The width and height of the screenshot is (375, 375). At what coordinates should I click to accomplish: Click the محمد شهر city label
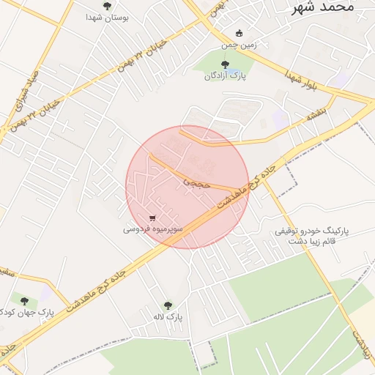point(323,7)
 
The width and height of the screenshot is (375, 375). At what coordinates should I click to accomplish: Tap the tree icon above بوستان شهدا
point(108,7)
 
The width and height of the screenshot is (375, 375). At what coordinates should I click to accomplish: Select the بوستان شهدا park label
point(107,18)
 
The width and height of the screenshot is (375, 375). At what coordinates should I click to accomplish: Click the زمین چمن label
point(240,45)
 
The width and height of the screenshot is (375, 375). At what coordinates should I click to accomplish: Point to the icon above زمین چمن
point(240,33)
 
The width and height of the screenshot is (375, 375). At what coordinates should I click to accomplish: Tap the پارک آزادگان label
point(225,76)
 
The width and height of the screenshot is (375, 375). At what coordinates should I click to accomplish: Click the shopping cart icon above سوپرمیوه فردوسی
point(152,218)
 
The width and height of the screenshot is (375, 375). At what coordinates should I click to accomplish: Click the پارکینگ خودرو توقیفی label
point(313,230)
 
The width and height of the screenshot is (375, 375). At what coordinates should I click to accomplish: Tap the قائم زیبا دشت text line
point(313,241)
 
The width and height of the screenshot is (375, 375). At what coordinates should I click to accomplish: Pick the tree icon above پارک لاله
point(168,305)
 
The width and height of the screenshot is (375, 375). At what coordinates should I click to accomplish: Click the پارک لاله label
point(168,317)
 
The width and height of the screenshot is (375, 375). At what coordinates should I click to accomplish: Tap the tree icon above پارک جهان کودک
point(24,301)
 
